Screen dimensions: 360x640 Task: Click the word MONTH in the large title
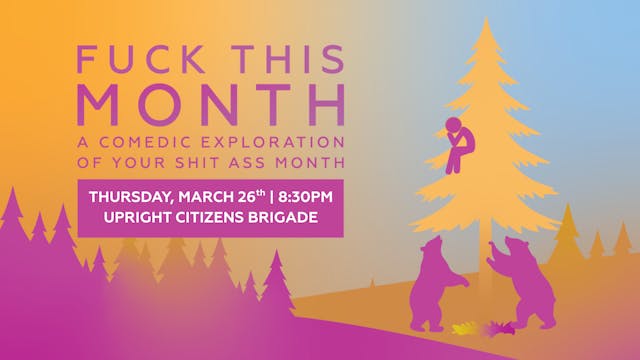pos(211,103)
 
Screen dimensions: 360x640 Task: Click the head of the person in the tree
pos(452,126)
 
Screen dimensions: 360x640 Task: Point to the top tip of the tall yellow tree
pos(487,20)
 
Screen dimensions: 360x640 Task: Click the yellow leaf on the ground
pos(462,327)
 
